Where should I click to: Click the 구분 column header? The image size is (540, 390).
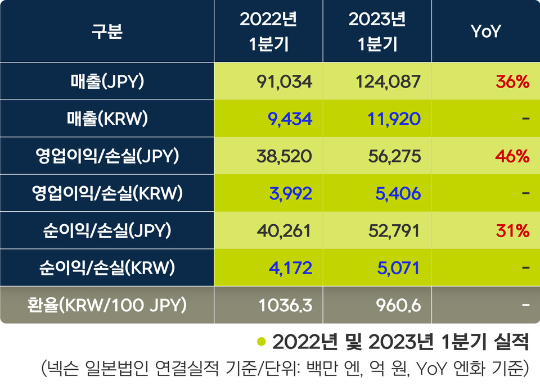[x=107, y=32]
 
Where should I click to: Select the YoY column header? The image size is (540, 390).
[x=485, y=32]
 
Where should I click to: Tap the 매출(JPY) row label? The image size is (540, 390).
[x=107, y=82]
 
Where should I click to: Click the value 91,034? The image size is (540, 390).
[x=284, y=82]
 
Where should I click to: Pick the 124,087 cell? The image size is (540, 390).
[x=388, y=82]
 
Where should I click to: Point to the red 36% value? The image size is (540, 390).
[x=512, y=82]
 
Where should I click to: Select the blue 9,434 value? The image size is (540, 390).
[x=290, y=119]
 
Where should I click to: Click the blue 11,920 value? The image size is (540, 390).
[x=393, y=119]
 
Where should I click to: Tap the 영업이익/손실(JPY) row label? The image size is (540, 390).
[x=107, y=156]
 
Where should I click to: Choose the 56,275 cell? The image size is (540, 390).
[x=392, y=156]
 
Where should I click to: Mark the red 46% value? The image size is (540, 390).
[x=512, y=156]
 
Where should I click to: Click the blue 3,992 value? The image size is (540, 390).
[x=289, y=193]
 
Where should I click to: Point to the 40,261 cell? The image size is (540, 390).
[x=284, y=230]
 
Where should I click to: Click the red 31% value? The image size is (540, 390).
[x=512, y=230]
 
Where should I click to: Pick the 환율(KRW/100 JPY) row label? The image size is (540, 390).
[x=107, y=305]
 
